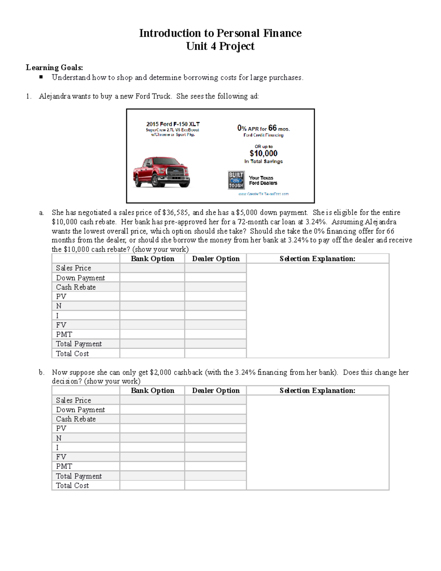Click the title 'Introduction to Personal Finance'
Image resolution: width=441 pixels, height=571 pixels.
coord(220,33)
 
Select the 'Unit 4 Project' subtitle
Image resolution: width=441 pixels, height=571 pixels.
coord(220,46)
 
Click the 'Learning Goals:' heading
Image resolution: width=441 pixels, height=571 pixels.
coord(54,67)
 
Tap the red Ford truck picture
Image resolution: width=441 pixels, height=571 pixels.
coord(161,172)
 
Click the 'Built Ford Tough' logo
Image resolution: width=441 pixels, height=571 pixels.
coord(236,180)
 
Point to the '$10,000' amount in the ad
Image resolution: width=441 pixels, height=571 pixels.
coord(263,153)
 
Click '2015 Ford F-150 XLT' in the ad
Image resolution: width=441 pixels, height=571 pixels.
coord(173,124)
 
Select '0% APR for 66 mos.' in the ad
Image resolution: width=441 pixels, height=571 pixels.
coord(263,128)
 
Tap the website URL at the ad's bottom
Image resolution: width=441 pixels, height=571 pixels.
coord(263,194)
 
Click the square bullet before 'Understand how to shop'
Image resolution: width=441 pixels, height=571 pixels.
coord(41,77)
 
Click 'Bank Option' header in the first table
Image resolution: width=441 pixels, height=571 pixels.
coord(153,259)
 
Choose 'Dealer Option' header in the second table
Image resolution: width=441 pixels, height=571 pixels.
coord(216,390)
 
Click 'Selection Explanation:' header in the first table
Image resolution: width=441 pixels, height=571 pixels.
coord(318,259)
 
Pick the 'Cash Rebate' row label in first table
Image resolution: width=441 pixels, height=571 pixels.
coord(76,287)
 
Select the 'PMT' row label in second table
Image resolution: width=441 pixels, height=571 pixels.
coord(64,466)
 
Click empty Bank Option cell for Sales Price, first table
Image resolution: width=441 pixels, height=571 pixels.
coord(152,268)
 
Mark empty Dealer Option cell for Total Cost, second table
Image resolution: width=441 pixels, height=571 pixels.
coord(215,485)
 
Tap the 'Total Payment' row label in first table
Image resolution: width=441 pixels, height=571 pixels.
coord(79,344)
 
